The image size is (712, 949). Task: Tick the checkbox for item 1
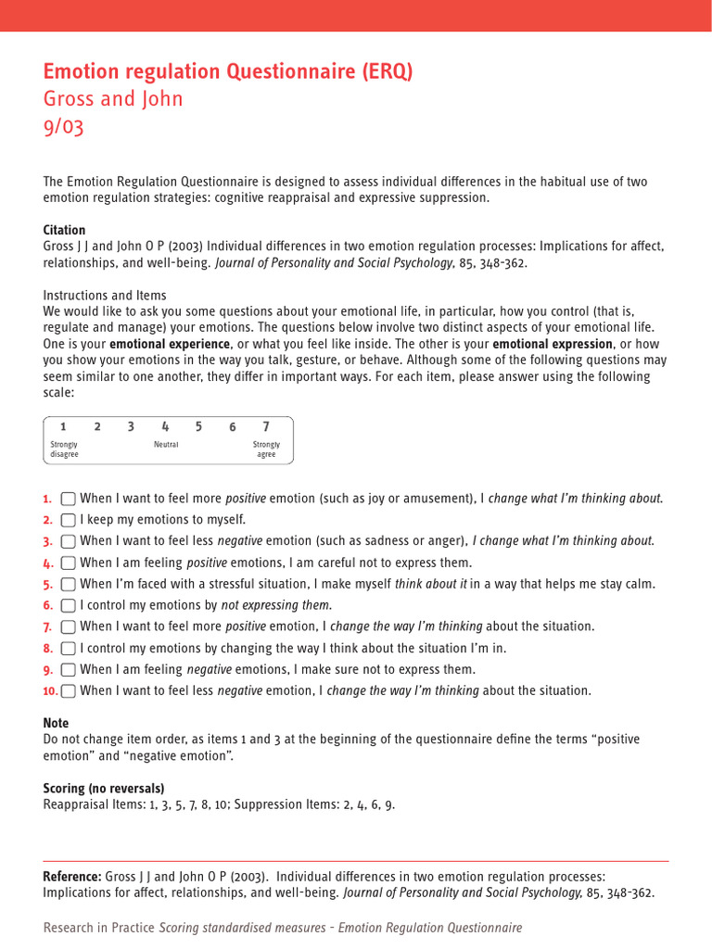[68, 499]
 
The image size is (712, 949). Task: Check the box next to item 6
[68, 606]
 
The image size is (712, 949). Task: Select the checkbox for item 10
[68, 691]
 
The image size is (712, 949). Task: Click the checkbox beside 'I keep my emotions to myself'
[68, 520]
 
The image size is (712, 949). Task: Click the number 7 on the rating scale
[266, 427]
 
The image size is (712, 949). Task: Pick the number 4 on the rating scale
[165, 427]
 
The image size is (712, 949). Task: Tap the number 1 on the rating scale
[63, 427]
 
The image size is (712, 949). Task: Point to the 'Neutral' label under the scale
[166, 445]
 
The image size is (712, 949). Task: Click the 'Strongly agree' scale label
[266, 449]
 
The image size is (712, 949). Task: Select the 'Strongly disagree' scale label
[64, 449]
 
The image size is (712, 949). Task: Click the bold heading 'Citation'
[64, 230]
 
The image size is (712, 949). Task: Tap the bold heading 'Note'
[56, 723]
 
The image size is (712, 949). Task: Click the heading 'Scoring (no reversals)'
[104, 789]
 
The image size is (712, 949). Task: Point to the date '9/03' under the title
[63, 127]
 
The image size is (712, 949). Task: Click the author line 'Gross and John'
[113, 99]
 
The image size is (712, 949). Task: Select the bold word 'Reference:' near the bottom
[72, 877]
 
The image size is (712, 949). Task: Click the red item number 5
[48, 585]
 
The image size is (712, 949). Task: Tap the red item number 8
[48, 649]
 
